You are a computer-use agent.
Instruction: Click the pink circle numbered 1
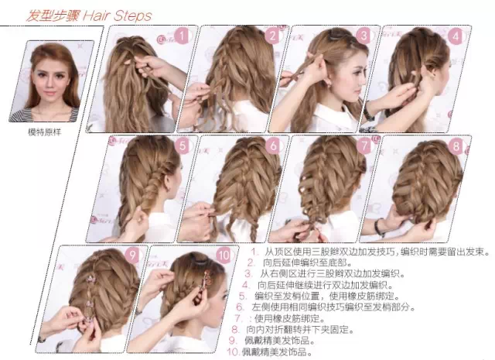(182, 36)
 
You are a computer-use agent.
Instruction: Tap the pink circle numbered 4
(456, 36)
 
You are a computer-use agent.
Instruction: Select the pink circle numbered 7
(364, 146)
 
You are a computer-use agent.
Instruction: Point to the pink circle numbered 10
(224, 255)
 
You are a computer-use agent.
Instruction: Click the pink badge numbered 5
(183, 146)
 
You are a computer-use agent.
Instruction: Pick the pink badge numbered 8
(456, 146)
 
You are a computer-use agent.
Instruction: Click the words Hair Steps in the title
(118, 15)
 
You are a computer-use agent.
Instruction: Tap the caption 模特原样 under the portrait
(44, 132)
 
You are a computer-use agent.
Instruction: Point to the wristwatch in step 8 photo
(379, 227)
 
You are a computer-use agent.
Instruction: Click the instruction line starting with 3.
(324, 273)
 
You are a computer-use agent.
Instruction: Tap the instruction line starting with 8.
(292, 329)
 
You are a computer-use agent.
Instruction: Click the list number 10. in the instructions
(234, 351)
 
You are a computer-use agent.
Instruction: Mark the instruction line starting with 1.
(370, 252)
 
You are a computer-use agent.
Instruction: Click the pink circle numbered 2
(272, 36)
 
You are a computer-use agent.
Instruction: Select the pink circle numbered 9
(132, 255)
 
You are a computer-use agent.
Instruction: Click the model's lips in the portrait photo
(49, 94)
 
